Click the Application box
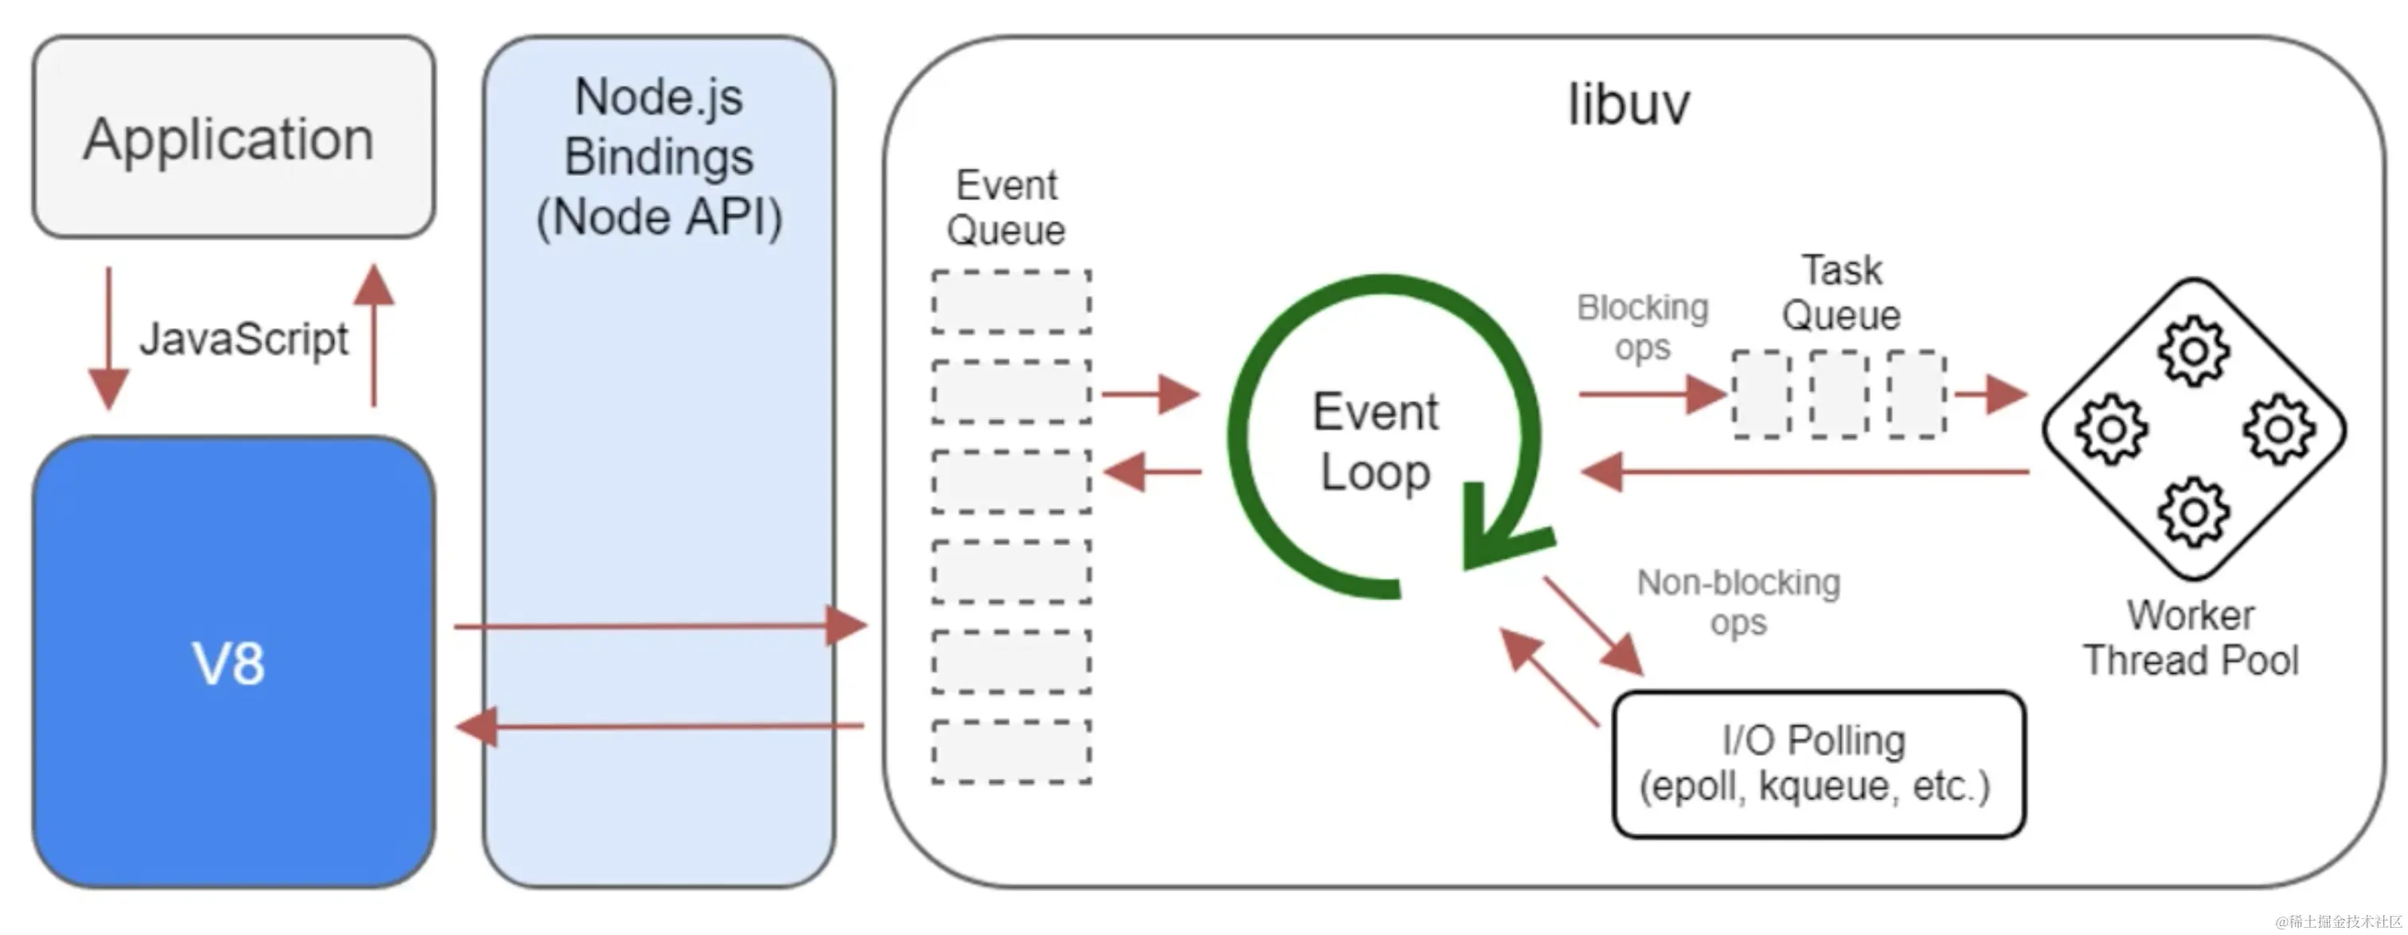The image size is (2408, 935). point(233,138)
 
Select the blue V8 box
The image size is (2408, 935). point(233,662)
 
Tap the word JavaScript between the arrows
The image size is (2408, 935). point(243,338)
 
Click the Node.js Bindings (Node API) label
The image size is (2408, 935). point(659,157)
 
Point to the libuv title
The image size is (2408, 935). point(1628,104)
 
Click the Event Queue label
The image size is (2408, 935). point(1007,208)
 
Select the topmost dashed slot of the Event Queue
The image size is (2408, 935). point(1011,302)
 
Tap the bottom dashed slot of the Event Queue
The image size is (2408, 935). point(1011,752)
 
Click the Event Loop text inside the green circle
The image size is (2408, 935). point(1375,441)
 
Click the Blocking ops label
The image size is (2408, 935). point(1643,327)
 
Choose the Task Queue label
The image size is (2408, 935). point(1840,292)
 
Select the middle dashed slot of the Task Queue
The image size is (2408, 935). point(1839,394)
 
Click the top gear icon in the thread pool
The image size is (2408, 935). point(2193,351)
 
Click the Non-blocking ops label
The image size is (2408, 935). point(1738,602)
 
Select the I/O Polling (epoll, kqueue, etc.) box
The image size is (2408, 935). point(1818,764)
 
